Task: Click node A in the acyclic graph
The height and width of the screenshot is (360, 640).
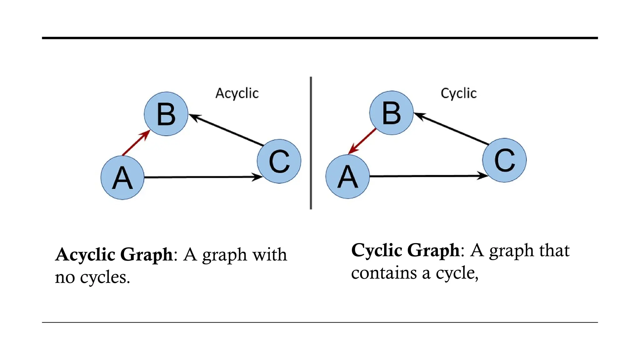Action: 122,177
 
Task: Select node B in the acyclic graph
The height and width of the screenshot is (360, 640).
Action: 166,114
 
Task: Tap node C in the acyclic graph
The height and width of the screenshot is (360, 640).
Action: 279,161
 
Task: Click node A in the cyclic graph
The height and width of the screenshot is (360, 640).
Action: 347,177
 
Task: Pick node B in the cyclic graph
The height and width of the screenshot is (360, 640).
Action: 391,113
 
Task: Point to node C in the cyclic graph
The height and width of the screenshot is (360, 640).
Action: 504,160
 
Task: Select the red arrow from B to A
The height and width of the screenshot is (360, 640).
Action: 362,141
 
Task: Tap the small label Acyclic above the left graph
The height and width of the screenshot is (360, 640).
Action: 237,93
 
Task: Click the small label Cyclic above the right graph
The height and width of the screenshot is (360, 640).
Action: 459,93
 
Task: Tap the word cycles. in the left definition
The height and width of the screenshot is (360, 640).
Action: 105,277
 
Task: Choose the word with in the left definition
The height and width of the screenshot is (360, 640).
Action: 270,255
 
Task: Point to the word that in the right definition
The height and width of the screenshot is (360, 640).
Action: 554,250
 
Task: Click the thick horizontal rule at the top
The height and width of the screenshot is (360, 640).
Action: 320,38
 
